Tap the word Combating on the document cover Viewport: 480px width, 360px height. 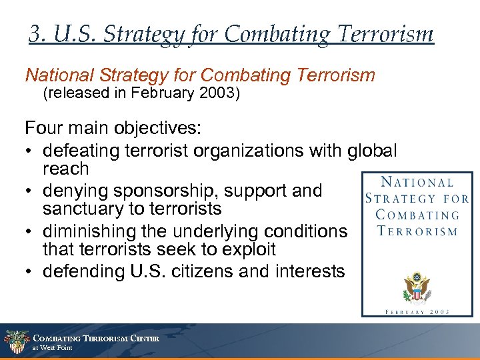pos(417,215)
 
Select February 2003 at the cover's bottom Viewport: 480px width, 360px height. pos(417,311)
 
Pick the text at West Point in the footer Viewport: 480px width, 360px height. pos(53,348)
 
